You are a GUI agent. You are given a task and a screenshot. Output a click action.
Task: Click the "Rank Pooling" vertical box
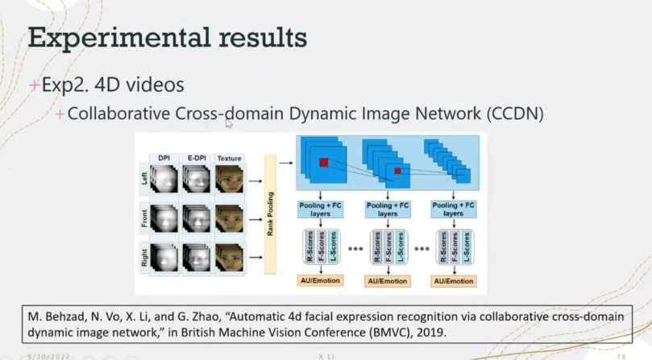click(269, 217)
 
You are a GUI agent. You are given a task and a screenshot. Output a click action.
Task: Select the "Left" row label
click(143, 178)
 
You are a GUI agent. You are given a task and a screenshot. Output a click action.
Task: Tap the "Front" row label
click(143, 217)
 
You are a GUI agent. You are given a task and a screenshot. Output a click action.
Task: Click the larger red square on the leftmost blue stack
click(323, 163)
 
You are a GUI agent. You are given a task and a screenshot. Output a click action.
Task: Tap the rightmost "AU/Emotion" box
click(453, 281)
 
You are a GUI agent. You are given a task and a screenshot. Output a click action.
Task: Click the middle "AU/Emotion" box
click(388, 281)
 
